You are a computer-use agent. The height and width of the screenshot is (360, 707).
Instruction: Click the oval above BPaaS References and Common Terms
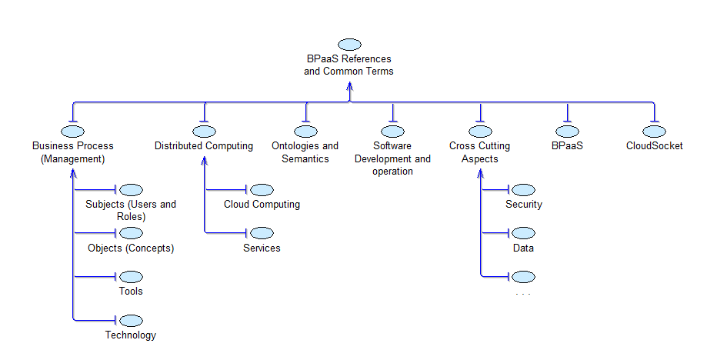coord(349,45)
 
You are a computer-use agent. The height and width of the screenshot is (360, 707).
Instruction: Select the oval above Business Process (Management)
coord(73,132)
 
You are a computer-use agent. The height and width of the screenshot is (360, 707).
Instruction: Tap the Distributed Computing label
coord(204,146)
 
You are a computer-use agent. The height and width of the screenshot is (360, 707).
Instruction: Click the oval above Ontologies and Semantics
coord(305,132)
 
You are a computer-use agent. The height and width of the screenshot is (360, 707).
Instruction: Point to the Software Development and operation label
coord(392,158)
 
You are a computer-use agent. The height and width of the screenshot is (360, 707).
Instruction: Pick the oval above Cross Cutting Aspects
coord(480,132)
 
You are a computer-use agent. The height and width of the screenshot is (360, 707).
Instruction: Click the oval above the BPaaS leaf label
coord(567,132)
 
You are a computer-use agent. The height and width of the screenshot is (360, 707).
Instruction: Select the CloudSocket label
coord(654,146)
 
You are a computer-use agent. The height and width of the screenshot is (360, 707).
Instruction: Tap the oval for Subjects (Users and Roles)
coord(132,190)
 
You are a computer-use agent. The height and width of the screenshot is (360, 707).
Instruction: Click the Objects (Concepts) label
coord(131,248)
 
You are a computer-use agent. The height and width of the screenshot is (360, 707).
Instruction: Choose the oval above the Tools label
coord(132,277)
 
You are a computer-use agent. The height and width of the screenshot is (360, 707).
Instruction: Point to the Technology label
coord(131,335)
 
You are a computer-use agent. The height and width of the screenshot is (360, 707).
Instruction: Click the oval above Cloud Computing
coord(262,190)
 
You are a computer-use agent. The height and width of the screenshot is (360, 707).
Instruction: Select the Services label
coord(262,248)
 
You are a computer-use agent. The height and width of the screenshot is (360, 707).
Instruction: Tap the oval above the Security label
coord(524,190)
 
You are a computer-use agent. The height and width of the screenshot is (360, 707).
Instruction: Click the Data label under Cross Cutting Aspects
coord(523,248)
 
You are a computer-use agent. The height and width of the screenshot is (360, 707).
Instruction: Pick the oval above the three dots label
coord(524,277)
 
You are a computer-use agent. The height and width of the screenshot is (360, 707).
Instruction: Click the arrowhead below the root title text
coord(349,87)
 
